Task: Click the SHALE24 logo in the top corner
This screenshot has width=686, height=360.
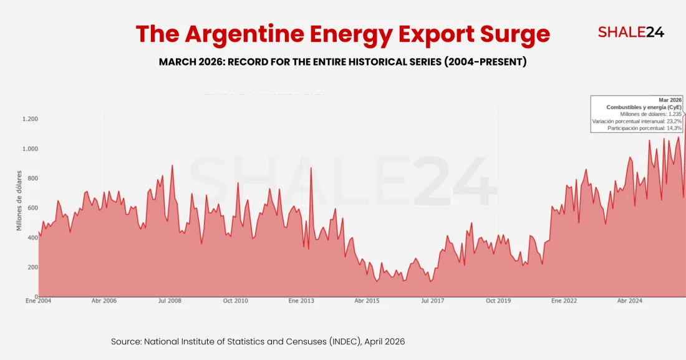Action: tap(630, 32)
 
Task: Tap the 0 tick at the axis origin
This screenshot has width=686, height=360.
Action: tap(36, 297)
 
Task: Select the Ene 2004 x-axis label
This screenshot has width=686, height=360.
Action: tap(39, 301)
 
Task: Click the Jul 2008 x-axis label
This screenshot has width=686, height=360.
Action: tap(170, 301)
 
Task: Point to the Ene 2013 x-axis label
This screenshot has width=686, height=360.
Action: tap(301, 301)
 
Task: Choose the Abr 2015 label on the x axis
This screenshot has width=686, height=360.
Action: tap(367, 301)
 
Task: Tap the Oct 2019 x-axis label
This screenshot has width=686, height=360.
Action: tap(498, 301)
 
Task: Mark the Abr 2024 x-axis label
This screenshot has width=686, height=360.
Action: tap(630, 301)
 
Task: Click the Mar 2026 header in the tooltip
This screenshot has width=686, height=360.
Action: tap(670, 100)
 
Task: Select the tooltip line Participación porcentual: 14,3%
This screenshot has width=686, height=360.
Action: tap(644, 128)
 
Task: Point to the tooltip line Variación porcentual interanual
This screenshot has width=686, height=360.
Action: tap(637, 121)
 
